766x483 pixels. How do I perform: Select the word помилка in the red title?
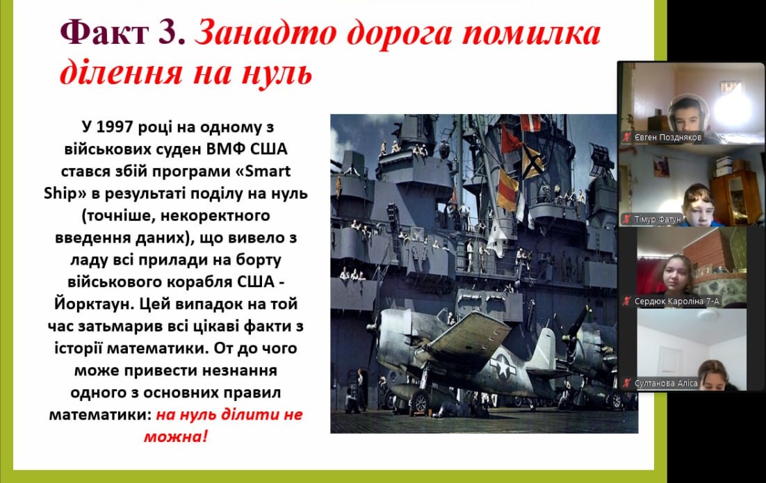click(531, 33)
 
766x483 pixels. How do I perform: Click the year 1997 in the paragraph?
click(115, 127)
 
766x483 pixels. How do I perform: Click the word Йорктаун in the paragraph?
click(93, 304)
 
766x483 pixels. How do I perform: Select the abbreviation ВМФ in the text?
click(227, 149)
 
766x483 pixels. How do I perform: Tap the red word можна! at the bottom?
click(176, 436)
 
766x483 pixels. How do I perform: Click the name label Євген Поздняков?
click(667, 138)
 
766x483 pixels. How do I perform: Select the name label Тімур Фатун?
click(658, 220)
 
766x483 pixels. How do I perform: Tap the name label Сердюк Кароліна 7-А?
click(676, 302)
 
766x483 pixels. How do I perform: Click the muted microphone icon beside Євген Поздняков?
click(626, 138)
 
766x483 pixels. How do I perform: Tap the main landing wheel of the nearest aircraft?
click(419, 402)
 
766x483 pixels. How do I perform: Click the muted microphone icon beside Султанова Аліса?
click(626, 384)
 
